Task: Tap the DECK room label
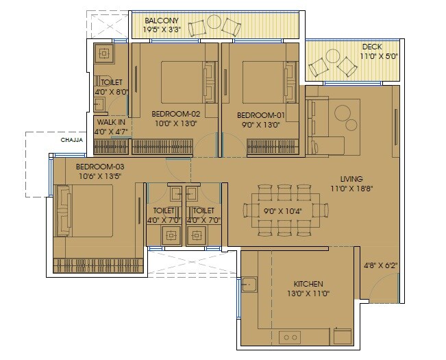click(x=372, y=47)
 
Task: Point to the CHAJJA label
click(x=72, y=139)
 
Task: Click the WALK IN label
click(x=110, y=122)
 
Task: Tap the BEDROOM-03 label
click(x=100, y=167)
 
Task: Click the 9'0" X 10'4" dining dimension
click(x=282, y=213)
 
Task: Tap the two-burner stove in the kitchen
click(x=290, y=337)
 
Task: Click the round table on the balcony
click(x=214, y=25)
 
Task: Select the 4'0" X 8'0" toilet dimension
click(x=111, y=91)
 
